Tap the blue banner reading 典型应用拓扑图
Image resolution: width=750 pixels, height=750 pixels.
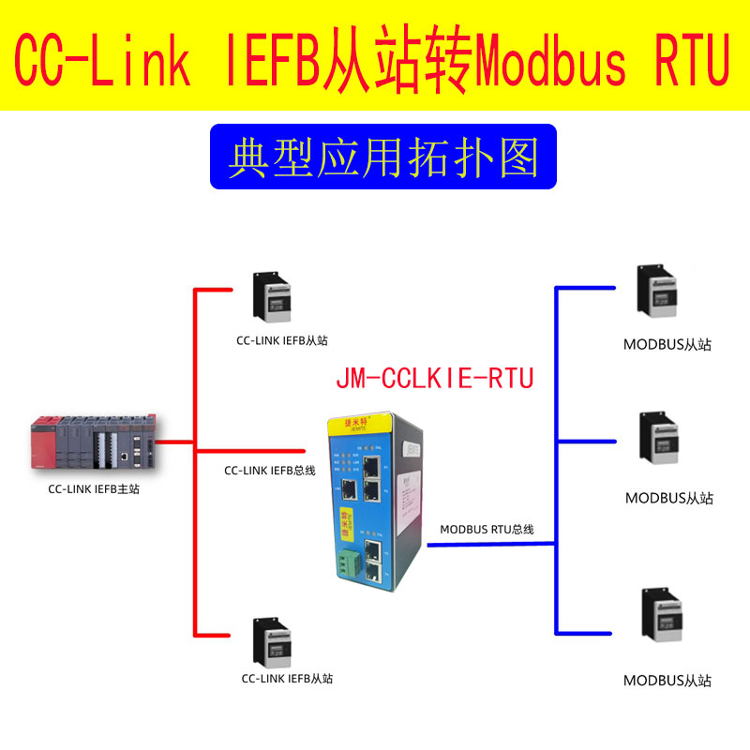(382, 157)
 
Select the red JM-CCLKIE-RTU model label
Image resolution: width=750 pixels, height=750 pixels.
(434, 379)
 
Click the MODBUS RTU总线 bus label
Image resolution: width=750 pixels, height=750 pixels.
(487, 530)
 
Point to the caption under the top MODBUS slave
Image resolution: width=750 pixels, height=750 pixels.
(667, 344)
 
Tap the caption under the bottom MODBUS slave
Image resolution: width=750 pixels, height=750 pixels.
(667, 681)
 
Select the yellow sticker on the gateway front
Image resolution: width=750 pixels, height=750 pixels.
(345, 521)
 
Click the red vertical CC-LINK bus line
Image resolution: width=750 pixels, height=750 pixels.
(194, 375)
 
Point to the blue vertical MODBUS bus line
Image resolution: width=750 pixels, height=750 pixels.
(556, 422)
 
